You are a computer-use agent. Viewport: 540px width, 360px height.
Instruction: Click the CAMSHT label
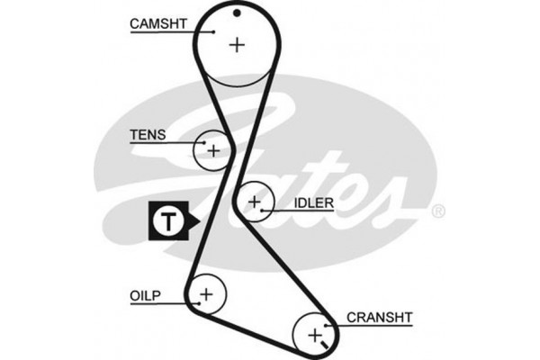coord(157,23)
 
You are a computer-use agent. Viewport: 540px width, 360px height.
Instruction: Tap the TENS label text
coord(147,135)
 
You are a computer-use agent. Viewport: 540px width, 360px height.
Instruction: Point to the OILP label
coord(146,294)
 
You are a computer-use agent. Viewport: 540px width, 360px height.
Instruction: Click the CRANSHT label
coord(379,317)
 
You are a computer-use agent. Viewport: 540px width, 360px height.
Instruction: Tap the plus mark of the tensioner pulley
coord(213,150)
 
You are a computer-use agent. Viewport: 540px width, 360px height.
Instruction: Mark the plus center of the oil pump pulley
coord(206,293)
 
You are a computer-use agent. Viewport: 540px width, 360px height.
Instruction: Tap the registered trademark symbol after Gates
coord(438,212)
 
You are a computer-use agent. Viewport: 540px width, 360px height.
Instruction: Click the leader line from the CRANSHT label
coord(333,323)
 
